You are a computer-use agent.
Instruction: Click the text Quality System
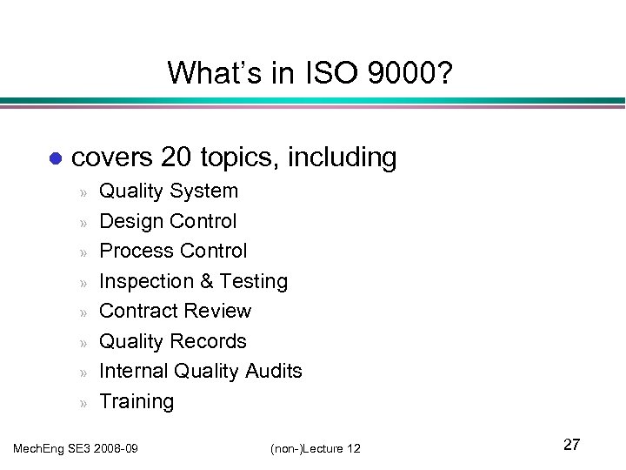point(169,191)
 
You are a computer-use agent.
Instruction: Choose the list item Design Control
point(168,221)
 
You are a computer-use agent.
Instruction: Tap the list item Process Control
point(173,251)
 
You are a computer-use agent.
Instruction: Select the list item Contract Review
point(175,311)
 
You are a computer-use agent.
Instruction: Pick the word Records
point(210,341)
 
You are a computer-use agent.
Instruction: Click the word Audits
point(273,371)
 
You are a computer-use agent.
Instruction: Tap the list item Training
point(137,401)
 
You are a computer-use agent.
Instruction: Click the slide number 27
point(571,445)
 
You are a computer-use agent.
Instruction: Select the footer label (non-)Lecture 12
point(315,448)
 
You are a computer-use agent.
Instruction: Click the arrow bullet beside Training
point(85,402)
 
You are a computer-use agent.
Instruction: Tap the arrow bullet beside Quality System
point(85,191)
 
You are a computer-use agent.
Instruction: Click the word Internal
point(134,371)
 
